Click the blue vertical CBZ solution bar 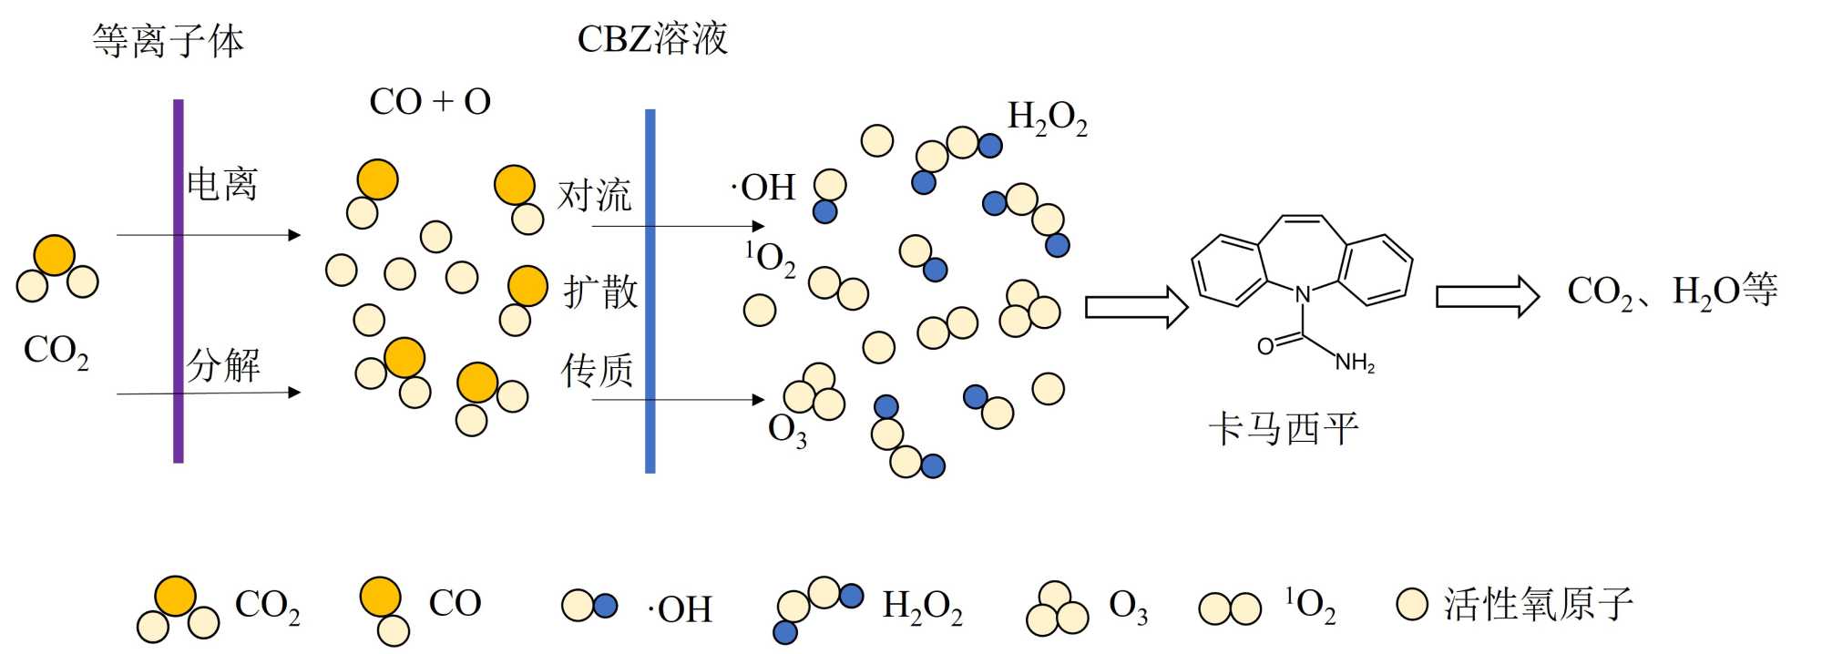point(650,291)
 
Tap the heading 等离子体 point(169,41)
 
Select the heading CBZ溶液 point(652,39)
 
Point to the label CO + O point(430,102)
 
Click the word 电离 point(222,184)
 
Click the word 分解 point(224,365)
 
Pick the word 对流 point(594,195)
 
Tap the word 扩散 point(600,291)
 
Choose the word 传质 point(598,371)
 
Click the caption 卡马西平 point(1283,428)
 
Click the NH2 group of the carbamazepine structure point(1355,363)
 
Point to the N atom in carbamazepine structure point(1303,294)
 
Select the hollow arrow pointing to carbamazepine point(1136,307)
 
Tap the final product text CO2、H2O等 point(1672,291)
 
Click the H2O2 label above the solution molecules point(1047,118)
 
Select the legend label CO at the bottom point(455,603)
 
